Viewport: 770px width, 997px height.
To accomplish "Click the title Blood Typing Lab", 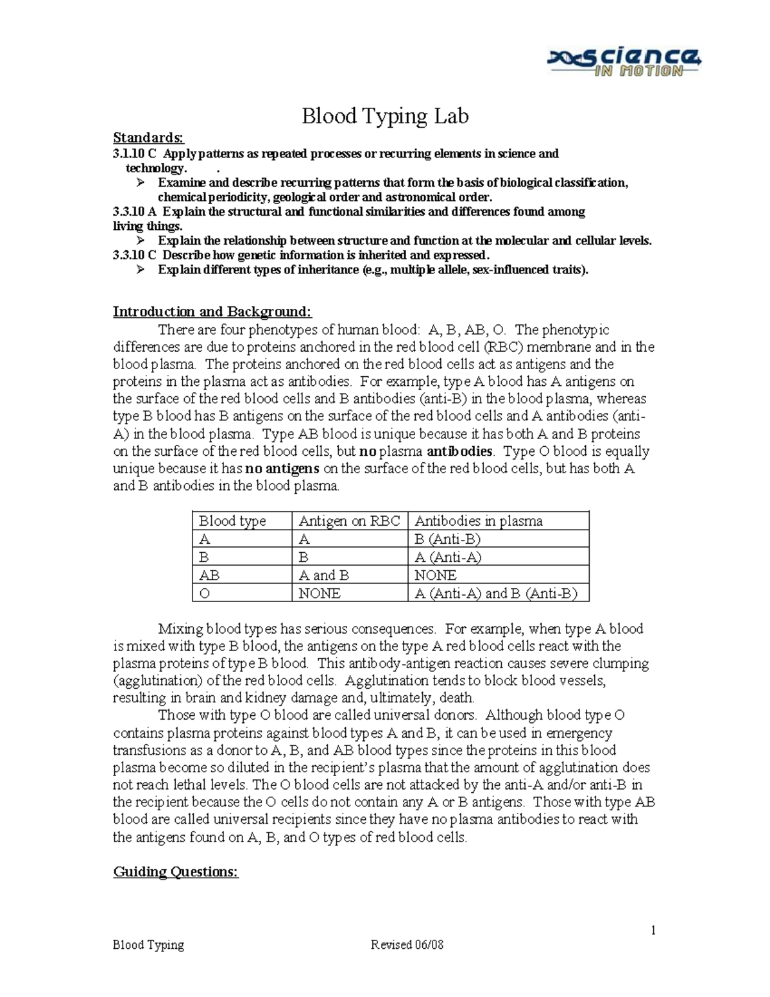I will pos(385,116).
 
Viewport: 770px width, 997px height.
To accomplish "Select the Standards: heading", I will pos(148,138).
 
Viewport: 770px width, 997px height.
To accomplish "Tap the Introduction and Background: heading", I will pos(212,312).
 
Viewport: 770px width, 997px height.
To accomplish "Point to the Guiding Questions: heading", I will pos(176,872).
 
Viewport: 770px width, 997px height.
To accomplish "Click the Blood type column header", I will pos(232,521).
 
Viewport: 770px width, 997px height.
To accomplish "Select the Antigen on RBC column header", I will pos(349,521).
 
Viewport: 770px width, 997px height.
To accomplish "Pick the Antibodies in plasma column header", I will pos(479,521).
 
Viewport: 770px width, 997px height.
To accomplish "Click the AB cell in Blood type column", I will pos(209,575).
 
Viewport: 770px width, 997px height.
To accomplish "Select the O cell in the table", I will pos(205,593).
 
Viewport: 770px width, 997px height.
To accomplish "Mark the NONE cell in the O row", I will pos(320,593).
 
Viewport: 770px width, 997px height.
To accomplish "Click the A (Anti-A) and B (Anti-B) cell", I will pos(496,593).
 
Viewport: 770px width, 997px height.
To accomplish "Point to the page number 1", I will pos(653,930).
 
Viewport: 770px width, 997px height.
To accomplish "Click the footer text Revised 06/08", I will pos(407,945).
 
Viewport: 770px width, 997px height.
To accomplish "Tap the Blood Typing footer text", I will pos(148,945).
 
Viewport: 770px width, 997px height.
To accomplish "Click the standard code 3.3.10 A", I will pos(134,212).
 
